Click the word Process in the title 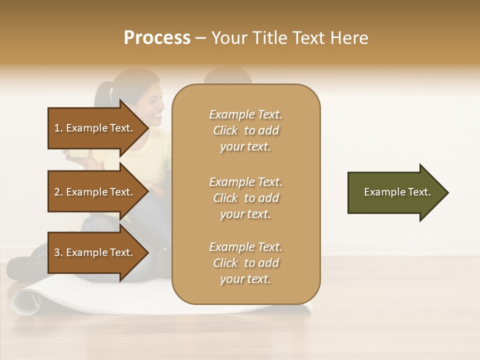click(157, 38)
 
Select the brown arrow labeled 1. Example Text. click(95, 128)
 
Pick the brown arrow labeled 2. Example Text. click(95, 192)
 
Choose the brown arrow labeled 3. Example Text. click(95, 252)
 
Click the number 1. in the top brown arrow click(58, 128)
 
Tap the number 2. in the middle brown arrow click(58, 192)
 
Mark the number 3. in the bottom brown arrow click(58, 252)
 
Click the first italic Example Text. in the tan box click(245, 114)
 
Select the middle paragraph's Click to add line click(245, 198)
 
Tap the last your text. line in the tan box click(245, 279)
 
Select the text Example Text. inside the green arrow click(397, 192)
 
